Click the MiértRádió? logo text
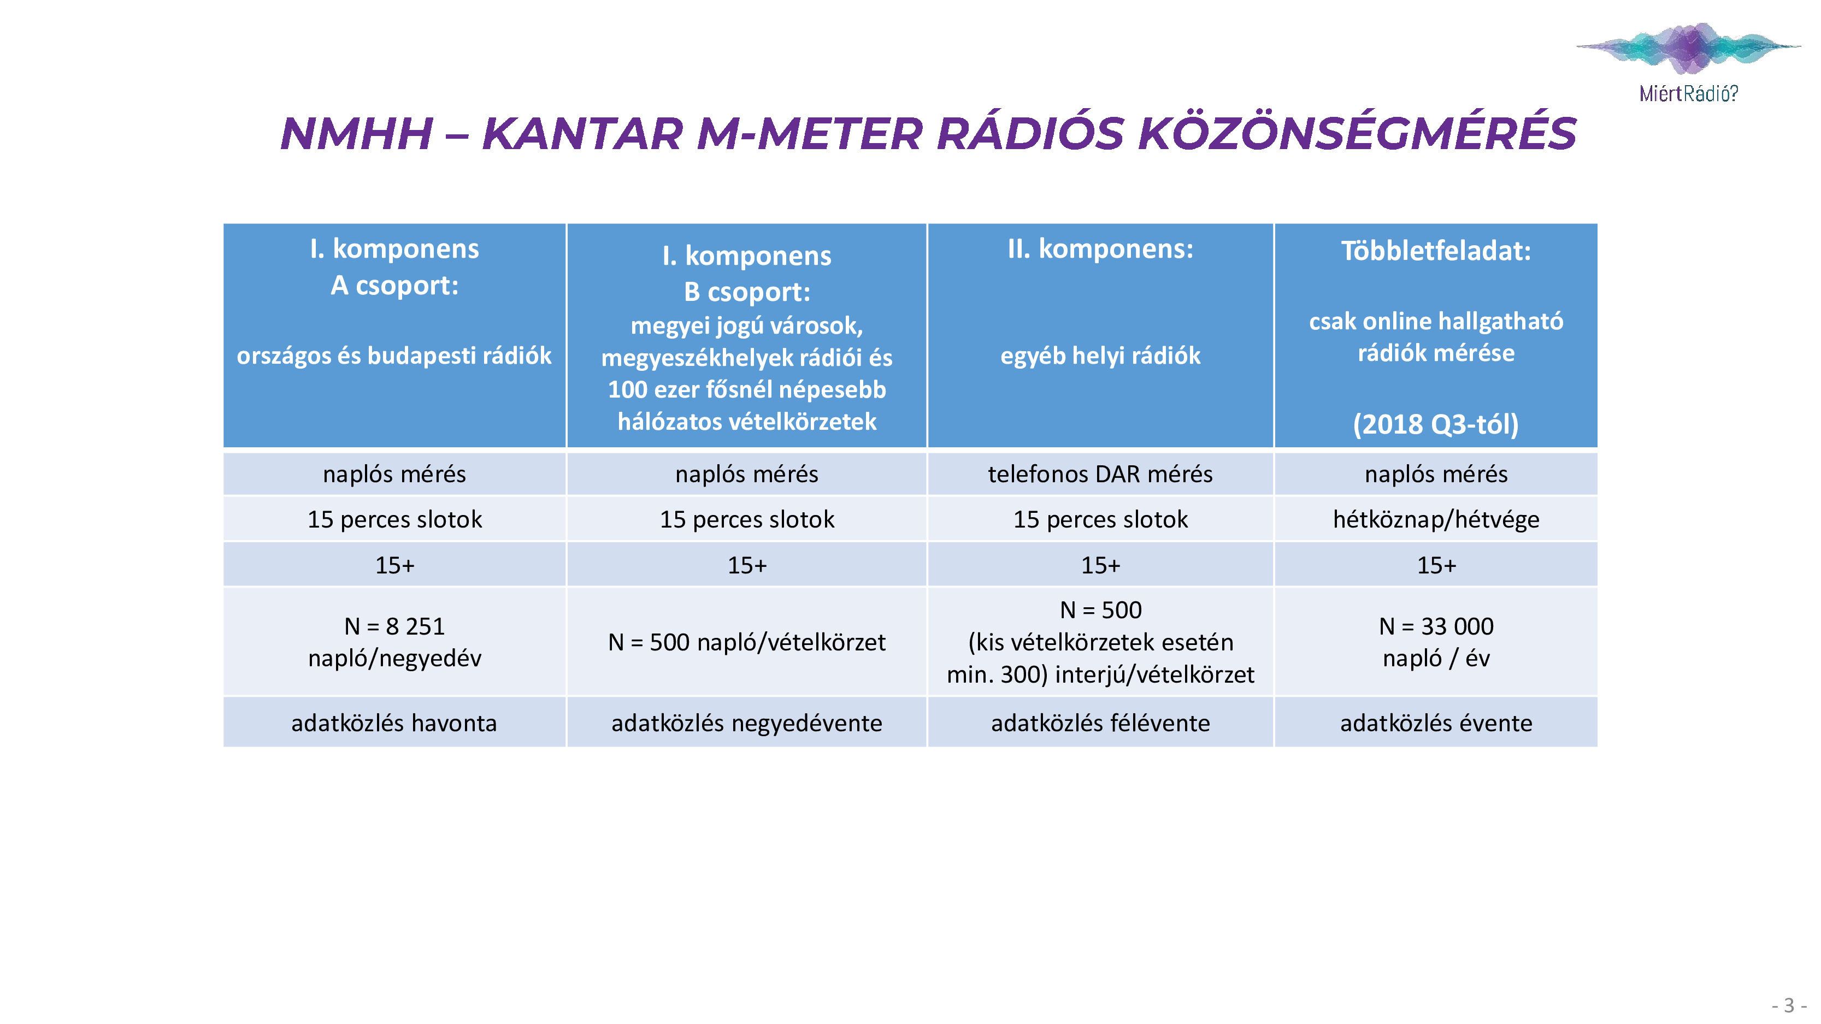click(1688, 93)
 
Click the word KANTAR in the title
click(582, 134)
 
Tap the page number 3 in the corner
click(1789, 1004)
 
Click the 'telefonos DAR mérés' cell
click(1100, 473)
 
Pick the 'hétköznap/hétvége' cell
click(1436, 519)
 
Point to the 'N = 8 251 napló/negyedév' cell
click(394, 642)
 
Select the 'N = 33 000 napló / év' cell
click(1436, 642)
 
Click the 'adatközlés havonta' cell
click(394, 722)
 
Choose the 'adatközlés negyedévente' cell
click(746, 722)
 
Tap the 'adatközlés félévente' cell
click(1100, 722)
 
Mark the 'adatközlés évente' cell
click(1436, 722)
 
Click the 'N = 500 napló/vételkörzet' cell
click(746, 642)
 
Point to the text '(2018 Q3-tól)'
click(1436, 424)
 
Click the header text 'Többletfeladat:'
click(1436, 251)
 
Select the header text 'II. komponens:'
click(1100, 248)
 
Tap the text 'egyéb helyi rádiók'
click(1100, 356)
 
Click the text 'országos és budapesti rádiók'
click(394, 356)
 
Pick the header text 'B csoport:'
click(746, 292)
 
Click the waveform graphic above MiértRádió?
click(1689, 48)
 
